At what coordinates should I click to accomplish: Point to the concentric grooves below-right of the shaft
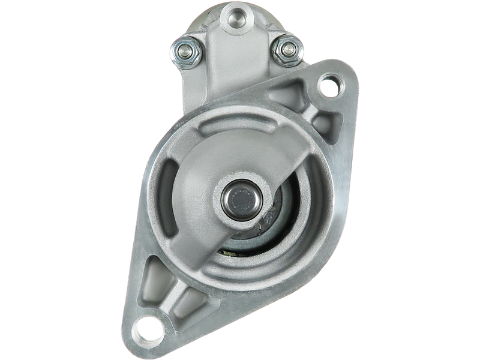282,252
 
